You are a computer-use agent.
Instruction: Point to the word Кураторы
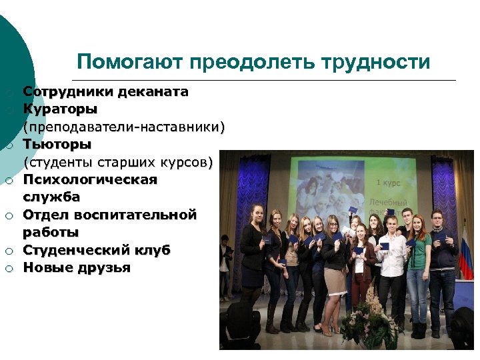(60, 109)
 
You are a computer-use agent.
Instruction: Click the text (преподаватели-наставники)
(124, 126)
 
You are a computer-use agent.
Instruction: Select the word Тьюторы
(57, 143)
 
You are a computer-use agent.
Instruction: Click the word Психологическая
(90, 179)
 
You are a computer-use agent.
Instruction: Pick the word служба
(51, 197)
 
